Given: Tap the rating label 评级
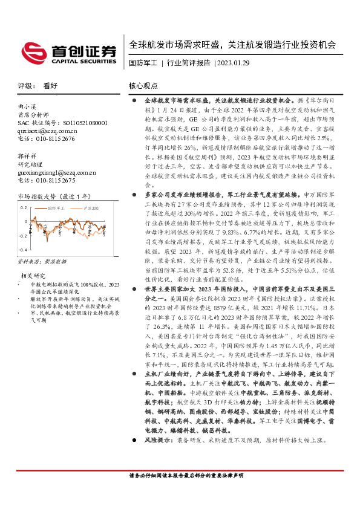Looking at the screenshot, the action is coord(25,86).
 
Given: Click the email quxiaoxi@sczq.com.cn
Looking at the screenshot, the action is coord(47,130).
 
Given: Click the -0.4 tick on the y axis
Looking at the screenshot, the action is coord(23,249).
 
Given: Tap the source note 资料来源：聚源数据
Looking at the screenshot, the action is coord(44,262).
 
